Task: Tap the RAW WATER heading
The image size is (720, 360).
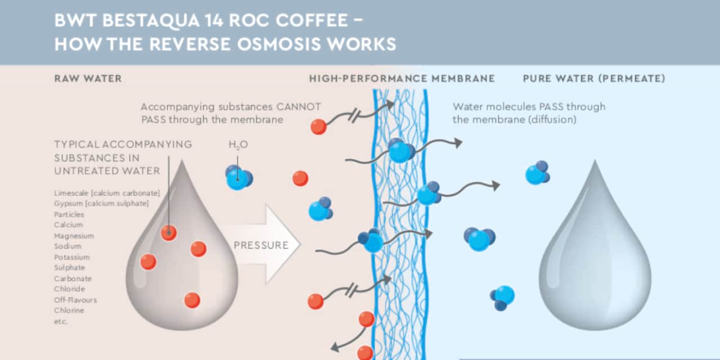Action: [x=88, y=79]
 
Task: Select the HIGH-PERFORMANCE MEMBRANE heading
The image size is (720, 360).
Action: [x=402, y=79]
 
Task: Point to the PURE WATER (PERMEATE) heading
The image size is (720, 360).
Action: [x=593, y=79]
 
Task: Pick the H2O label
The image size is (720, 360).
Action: [x=238, y=145]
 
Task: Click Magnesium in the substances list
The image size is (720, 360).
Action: [x=74, y=236]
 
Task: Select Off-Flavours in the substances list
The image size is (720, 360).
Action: [x=75, y=300]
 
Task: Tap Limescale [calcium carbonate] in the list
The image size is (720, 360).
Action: [x=107, y=193]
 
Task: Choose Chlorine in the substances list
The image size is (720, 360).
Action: [x=69, y=310]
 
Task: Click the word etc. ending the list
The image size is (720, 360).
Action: [x=60, y=321]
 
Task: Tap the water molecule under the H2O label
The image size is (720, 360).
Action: [x=238, y=178]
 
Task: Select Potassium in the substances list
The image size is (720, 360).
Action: [x=72, y=257]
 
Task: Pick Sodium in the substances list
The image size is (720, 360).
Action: [x=67, y=246]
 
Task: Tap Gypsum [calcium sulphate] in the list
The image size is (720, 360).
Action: [x=101, y=204]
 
